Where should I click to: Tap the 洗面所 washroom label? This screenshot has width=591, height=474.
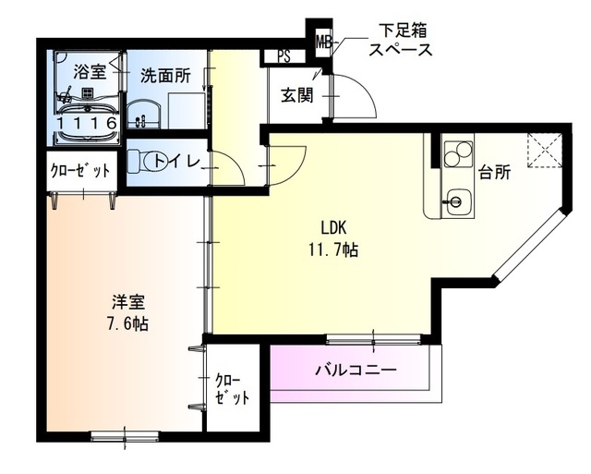click(x=164, y=78)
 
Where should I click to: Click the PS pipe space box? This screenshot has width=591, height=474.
click(x=283, y=55)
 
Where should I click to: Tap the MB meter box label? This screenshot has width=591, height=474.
click(x=323, y=42)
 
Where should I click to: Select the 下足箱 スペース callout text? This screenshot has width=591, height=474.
click(x=400, y=43)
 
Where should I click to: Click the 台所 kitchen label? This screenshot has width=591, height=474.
click(x=494, y=171)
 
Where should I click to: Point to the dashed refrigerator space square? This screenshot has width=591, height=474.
click(x=542, y=151)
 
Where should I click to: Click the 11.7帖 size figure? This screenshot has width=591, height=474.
click(x=333, y=249)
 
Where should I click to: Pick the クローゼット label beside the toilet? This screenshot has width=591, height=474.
click(x=80, y=171)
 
